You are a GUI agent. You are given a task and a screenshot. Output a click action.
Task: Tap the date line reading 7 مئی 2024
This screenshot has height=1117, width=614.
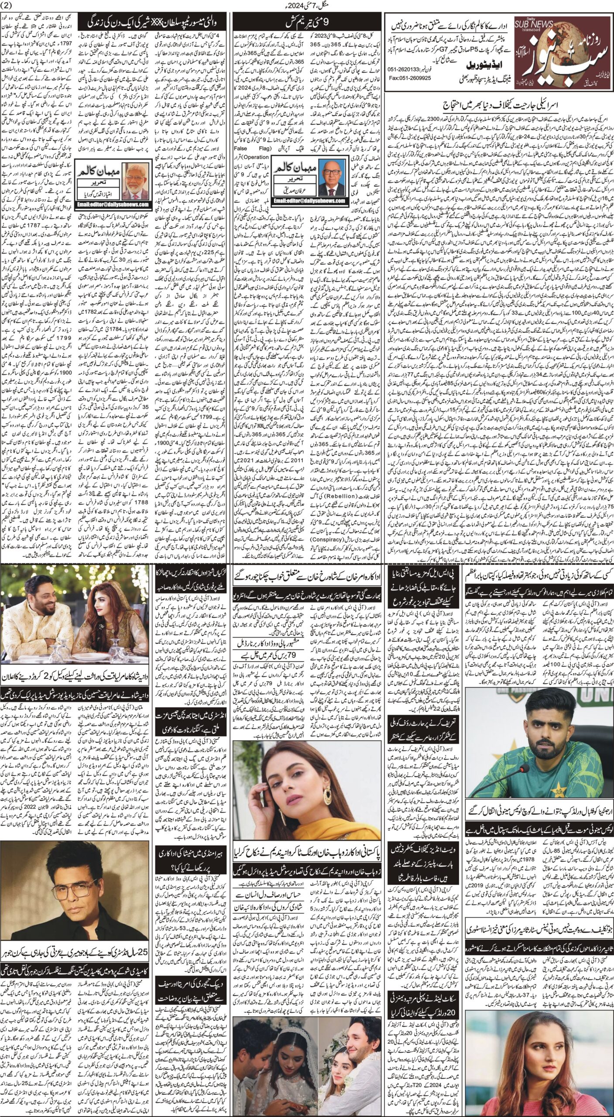[307, 7]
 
